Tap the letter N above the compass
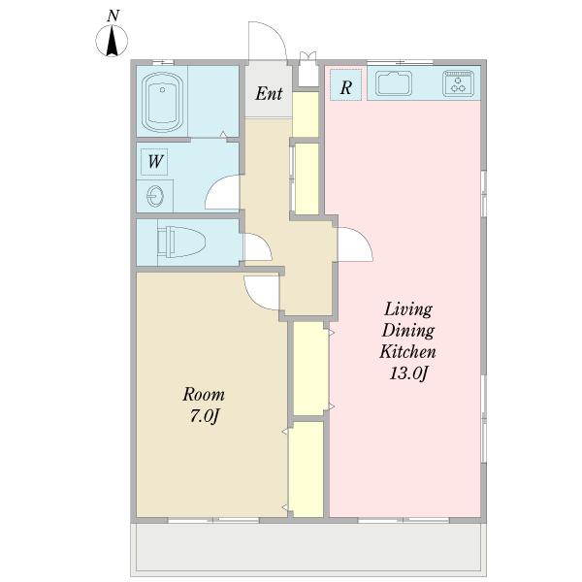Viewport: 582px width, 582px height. [113, 16]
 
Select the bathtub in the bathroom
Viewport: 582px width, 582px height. [162, 103]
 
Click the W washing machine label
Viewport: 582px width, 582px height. [155, 162]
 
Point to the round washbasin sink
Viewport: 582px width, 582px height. [155, 196]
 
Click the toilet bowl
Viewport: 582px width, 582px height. [181, 242]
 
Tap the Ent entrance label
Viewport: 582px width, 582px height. [269, 93]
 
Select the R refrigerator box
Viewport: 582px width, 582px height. [346, 85]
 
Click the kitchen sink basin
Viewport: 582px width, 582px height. [394, 83]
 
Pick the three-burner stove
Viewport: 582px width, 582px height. [458, 83]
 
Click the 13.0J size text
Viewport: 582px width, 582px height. [409, 373]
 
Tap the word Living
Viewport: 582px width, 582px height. [408, 309]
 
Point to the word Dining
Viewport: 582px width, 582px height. [408, 331]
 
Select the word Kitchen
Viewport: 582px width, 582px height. [407, 351]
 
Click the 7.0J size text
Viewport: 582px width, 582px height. [204, 416]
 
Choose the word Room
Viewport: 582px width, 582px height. [204, 395]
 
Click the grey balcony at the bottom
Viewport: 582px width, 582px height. [308, 549]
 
